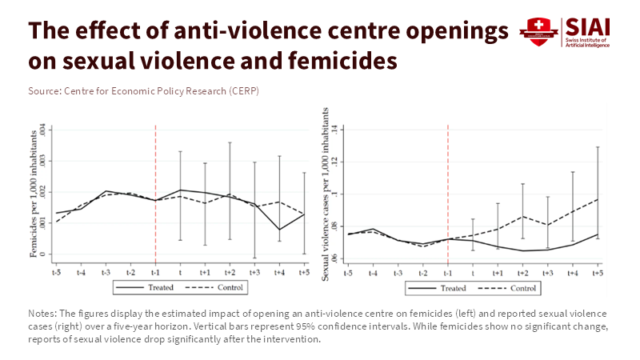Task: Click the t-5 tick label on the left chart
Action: click(x=56, y=273)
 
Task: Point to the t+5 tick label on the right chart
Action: click(x=597, y=273)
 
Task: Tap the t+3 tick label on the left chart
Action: click(x=254, y=273)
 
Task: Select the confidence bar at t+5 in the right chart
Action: click(x=597, y=192)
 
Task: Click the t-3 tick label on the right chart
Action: click(x=398, y=273)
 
